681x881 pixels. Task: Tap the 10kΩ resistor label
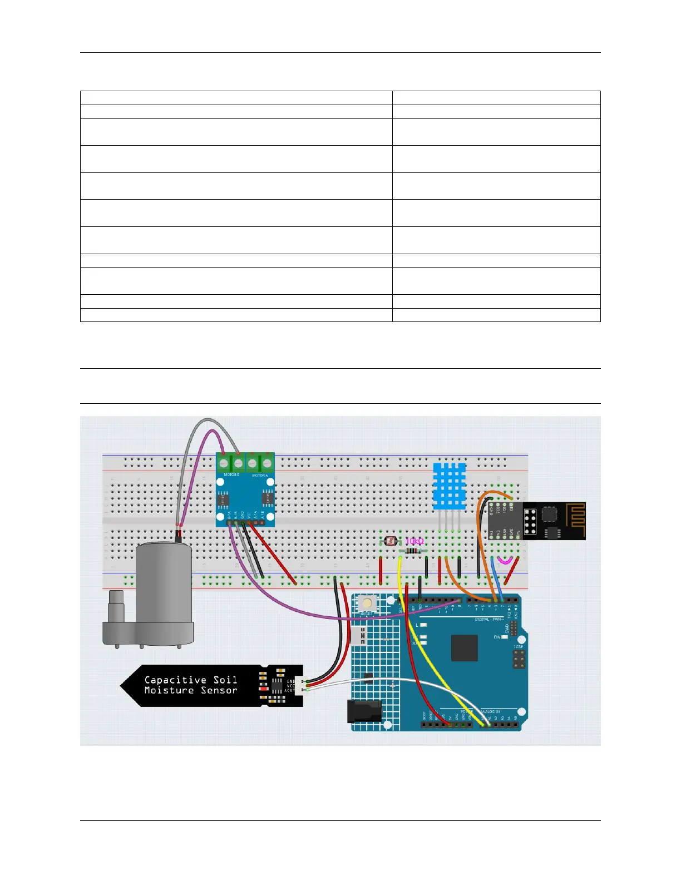[x=414, y=541]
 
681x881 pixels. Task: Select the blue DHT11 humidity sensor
[x=450, y=486]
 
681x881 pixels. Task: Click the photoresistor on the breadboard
[x=391, y=540]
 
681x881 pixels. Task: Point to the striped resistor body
[x=412, y=551]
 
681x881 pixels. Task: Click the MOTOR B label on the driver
[x=231, y=475]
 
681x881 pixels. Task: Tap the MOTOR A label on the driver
[x=260, y=476]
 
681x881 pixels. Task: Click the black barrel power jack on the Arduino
[x=364, y=712]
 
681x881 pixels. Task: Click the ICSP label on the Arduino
[x=519, y=647]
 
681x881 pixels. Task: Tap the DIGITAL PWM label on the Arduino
[x=490, y=619]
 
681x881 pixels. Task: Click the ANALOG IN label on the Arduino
[x=490, y=711]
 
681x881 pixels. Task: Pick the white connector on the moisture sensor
[x=300, y=685]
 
